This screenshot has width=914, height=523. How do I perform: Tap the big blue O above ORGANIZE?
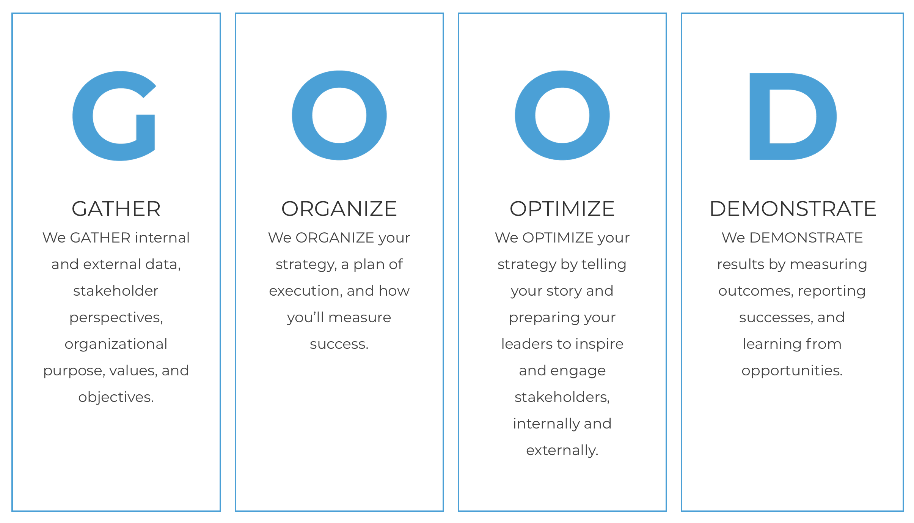coord(302,116)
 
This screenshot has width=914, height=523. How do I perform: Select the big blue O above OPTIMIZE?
coord(525,116)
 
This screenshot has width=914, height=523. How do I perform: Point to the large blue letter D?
coord(760,116)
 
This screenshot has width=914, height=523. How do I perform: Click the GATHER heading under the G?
coord(116,209)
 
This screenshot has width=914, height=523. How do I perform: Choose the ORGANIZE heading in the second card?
coord(339,209)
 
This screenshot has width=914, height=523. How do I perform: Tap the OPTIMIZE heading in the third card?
coord(562,209)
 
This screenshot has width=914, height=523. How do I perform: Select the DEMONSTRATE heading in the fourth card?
coord(793,209)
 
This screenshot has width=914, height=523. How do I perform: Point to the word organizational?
coord(116,344)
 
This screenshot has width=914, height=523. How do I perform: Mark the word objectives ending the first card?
coord(116,397)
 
